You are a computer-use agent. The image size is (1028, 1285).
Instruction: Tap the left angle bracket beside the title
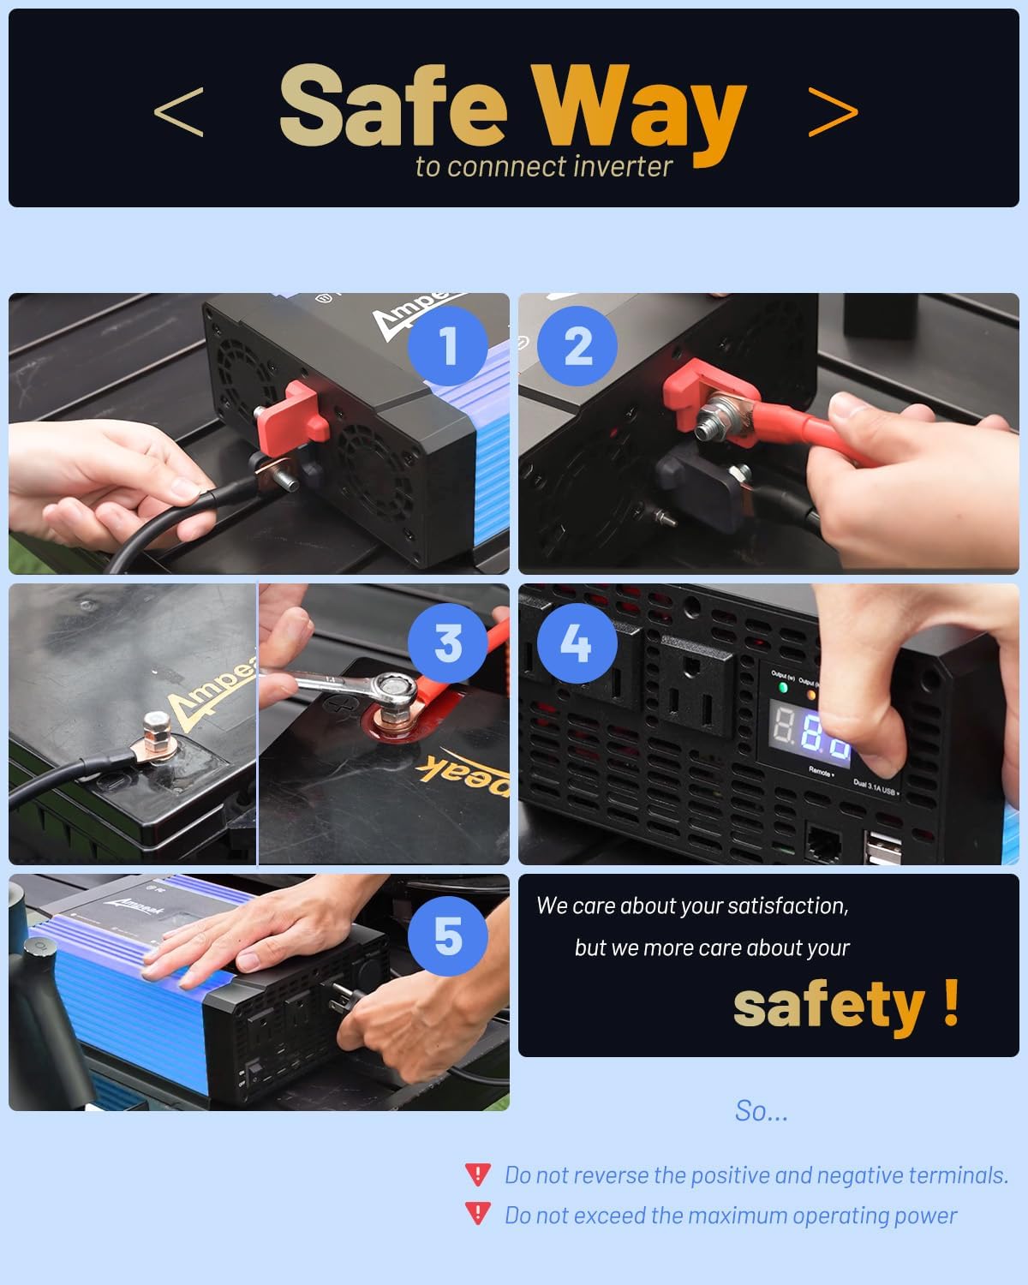179,112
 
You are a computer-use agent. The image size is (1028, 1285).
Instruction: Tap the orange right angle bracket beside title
833,112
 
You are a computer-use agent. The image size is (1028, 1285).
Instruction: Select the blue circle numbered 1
447,346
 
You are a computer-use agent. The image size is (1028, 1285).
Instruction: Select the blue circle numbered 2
577,346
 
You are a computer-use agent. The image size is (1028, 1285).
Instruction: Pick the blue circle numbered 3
447,642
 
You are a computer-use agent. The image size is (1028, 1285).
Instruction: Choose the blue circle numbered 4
575,642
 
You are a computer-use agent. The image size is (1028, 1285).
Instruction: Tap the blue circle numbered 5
447,936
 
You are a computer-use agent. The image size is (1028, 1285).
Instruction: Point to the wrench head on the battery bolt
395,685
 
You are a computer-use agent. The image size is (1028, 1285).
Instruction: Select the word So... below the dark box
761,1110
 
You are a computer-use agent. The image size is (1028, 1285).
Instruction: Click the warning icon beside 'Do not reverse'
477,1174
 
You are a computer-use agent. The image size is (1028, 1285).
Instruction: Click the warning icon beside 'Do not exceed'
477,1214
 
